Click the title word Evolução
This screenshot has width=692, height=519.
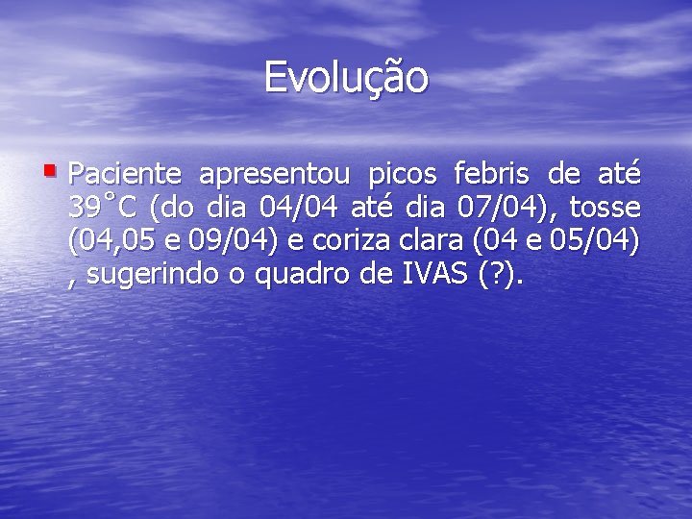click(x=346, y=78)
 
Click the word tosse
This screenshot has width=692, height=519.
click(x=605, y=208)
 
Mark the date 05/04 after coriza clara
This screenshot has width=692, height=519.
click(x=595, y=241)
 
